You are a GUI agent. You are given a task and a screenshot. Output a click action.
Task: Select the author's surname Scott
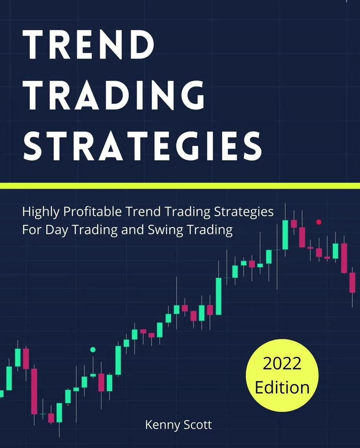(x=197, y=424)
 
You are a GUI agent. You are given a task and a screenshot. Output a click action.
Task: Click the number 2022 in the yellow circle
(x=282, y=364)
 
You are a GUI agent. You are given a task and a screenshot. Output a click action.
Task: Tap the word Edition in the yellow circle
(x=282, y=387)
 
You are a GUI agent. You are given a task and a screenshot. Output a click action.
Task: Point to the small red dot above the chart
(x=319, y=222)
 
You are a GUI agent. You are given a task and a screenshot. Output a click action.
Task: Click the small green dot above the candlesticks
(x=93, y=349)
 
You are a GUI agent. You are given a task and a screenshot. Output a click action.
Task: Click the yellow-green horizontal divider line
(x=180, y=186)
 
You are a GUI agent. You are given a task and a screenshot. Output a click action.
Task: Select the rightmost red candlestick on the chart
(x=353, y=282)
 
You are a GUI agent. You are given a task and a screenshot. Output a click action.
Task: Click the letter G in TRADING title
(x=190, y=95)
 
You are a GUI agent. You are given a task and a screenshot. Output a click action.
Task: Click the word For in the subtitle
(x=32, y=230)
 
